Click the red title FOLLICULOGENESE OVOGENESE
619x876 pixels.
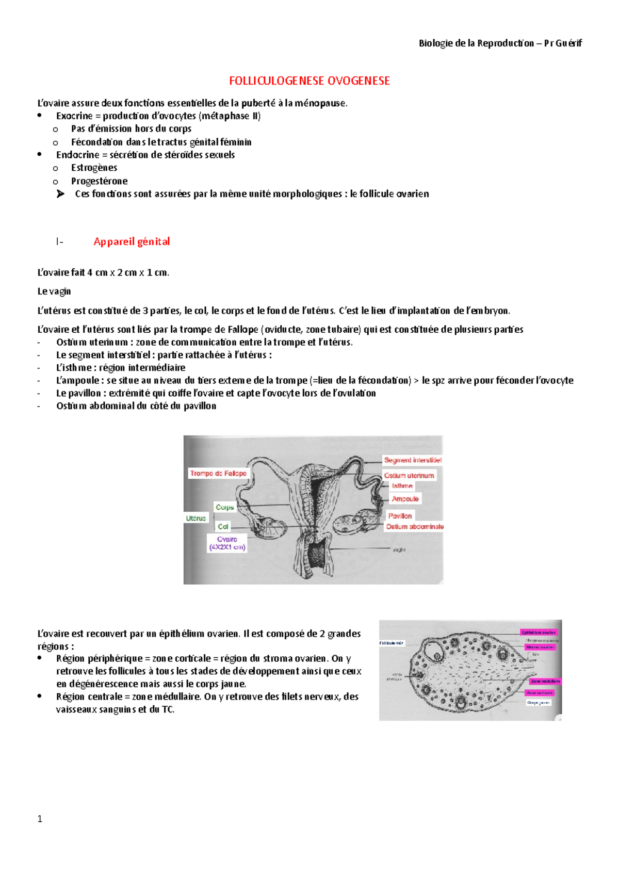(309, 81)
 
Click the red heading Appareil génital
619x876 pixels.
(132, 241)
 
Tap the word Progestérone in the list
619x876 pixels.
(99, 181)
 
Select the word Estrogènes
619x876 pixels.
(94, 168)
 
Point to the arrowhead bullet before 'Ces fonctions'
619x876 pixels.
(60, 194)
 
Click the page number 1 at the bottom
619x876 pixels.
(40, 819)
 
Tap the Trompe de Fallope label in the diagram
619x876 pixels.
(218, 473)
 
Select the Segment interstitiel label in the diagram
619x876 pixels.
(412, 460)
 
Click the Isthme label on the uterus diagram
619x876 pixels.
(402, 486)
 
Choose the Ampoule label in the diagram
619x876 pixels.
(405, 499)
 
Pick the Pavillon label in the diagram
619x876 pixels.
(400, 516)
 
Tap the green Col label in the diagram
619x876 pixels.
(223, 527)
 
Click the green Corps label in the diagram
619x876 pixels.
(224, 507)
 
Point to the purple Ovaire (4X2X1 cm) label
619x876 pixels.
(227, 543)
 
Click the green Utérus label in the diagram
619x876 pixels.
(196, 518)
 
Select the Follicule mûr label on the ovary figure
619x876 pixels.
(392, 643)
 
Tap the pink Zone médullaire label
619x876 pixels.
(545, 681)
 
